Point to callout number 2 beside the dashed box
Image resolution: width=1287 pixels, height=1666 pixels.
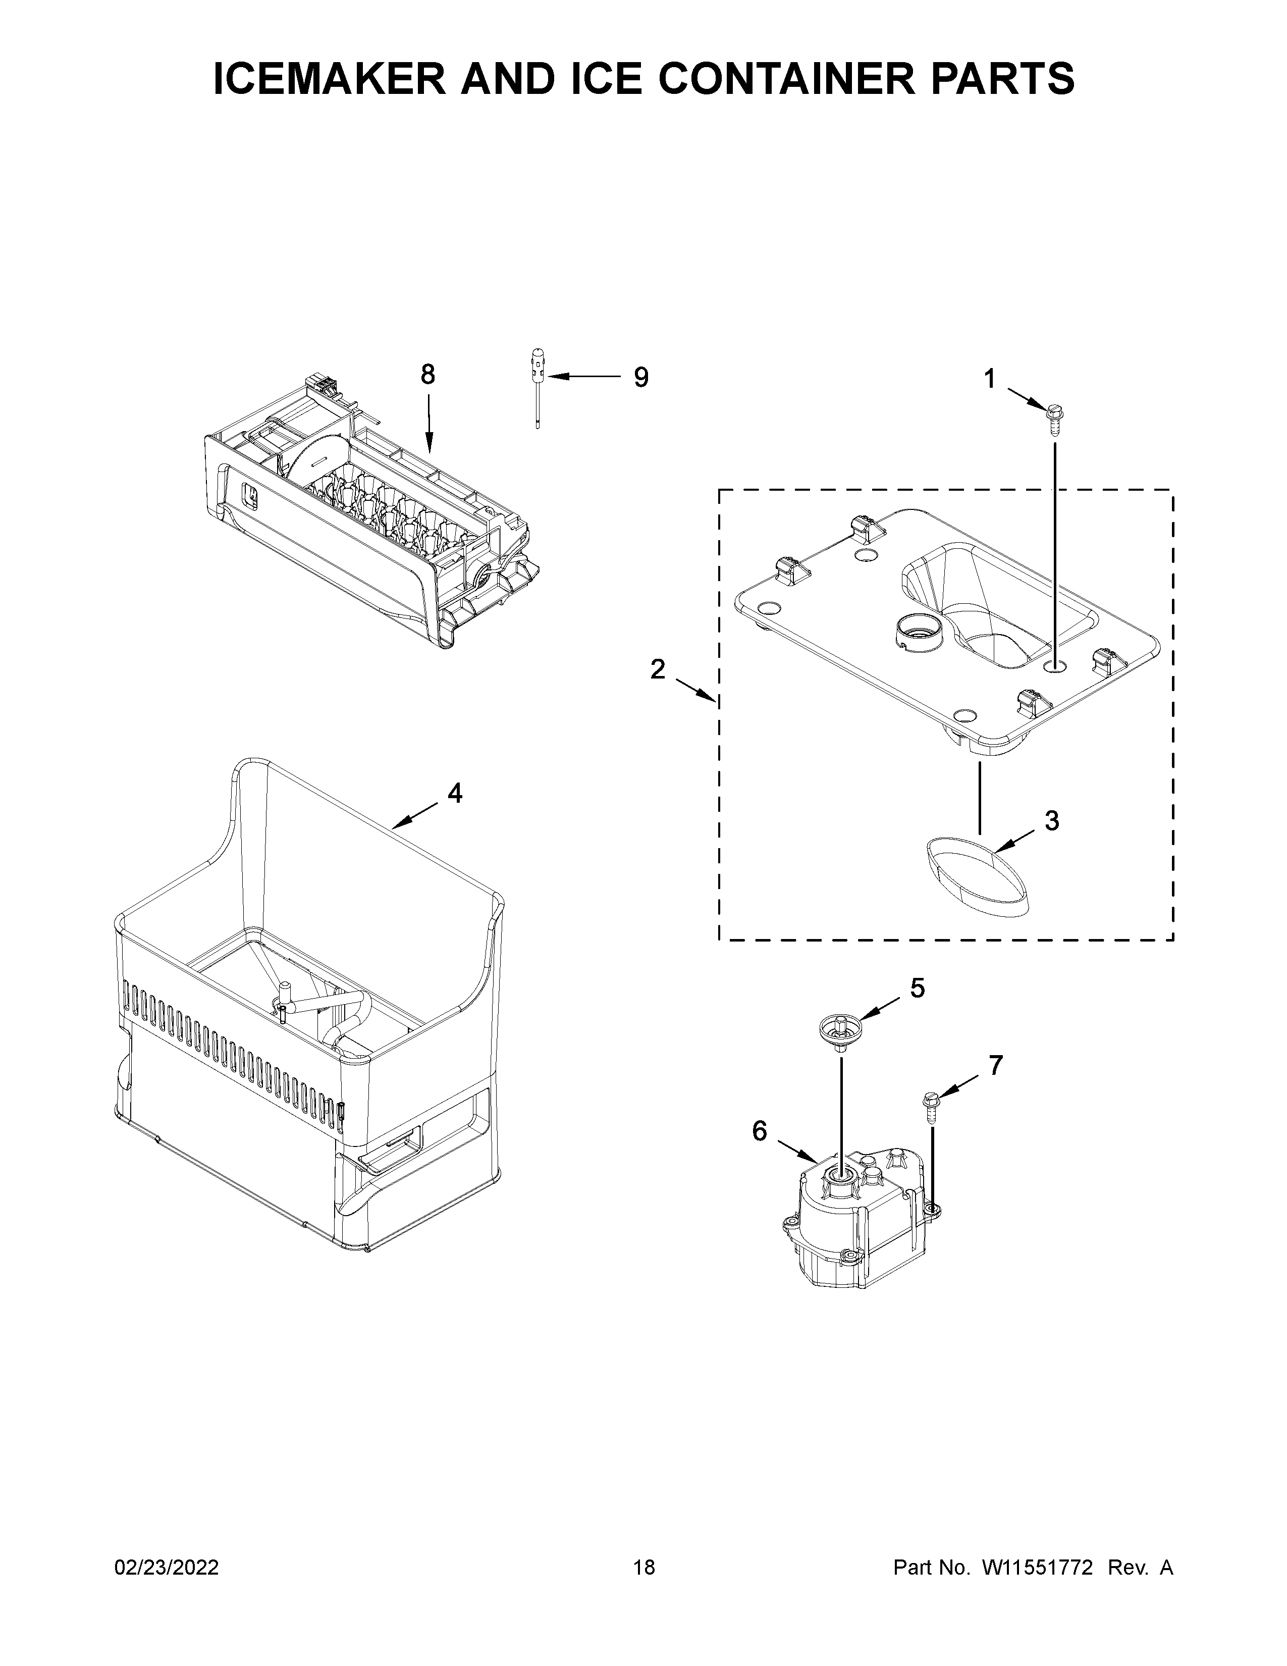click(657, 670)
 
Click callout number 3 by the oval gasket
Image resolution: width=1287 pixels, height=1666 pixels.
click(1051, 821)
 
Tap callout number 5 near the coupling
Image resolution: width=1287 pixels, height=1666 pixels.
click(917, 988)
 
